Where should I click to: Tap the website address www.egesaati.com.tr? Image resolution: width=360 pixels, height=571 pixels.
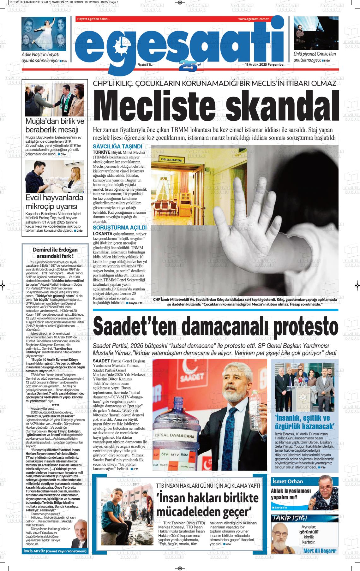coord(253,19)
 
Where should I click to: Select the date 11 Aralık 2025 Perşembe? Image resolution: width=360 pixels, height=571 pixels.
coord(264,64)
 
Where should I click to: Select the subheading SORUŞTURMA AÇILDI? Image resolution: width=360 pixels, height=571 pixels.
coord(119,228)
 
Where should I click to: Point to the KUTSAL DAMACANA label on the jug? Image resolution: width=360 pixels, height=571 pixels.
coord(178,436)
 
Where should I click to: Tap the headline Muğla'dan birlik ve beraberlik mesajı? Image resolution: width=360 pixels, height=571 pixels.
coord(54,126)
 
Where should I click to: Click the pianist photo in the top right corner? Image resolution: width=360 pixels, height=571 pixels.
coord(316,33)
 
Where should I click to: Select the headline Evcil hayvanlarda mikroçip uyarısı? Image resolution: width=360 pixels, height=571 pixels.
coord(54,202)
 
